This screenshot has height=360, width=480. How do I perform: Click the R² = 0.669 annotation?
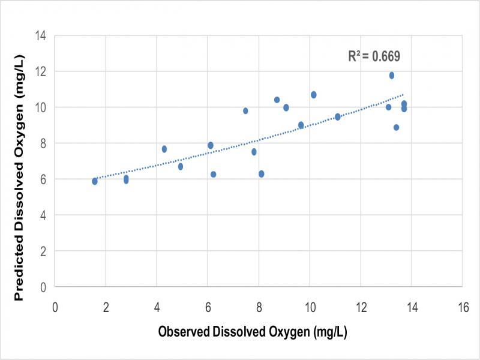click(x=374, y=56)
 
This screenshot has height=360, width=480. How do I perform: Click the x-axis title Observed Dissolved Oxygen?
click(x=253, y=331)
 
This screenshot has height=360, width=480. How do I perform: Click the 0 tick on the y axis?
click(x=44, y=287)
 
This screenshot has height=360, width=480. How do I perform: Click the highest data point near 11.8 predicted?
click(x=391, y=76)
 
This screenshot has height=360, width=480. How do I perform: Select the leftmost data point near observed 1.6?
click(x=95, y=181)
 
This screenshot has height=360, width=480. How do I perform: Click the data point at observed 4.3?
click(x=164, y=149)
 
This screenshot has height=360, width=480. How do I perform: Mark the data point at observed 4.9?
click(x=180, y=166)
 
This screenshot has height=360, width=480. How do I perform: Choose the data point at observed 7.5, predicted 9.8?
click(x=245, y=111)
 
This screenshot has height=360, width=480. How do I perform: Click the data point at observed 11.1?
click(x=338, y=117)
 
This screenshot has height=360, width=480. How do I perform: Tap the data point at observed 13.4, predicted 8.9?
click(x=396, y=127)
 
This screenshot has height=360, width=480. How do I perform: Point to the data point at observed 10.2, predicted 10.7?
click(x=313, y=95)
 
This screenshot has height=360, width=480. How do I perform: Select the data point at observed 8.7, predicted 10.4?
click(x=277, y=100)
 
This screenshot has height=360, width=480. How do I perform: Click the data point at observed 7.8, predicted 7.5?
click(x=254, y=152)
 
